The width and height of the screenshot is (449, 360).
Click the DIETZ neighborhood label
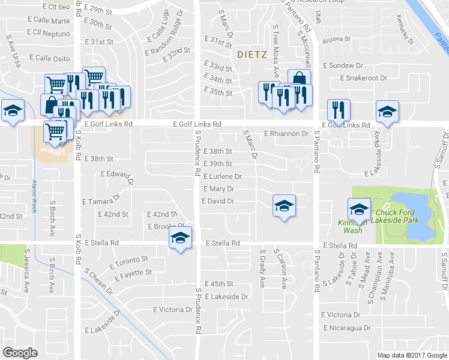pos(252,54)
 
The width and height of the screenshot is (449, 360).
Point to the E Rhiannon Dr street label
pos(286,134)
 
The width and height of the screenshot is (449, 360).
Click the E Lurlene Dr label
pos(222,177)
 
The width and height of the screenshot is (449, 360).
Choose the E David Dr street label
pos(217,202)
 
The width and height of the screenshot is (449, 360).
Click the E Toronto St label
pos(129,262)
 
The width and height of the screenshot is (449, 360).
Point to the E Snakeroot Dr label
pos(364,78)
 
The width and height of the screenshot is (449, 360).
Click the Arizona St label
pos(336,39)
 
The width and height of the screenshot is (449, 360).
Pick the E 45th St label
pos(218,284)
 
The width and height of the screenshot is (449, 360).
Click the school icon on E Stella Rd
pos(179,238)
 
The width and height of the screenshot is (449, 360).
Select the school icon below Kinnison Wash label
pos(359,210)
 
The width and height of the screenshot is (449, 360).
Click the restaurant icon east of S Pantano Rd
pos(337,110)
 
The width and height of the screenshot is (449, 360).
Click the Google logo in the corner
pos(20,353)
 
